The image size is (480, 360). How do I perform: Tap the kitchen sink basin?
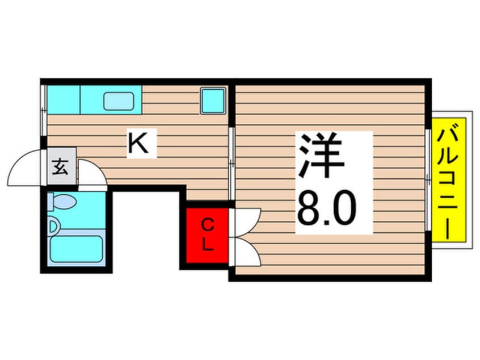point(119,101)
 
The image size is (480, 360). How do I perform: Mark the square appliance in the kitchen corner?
point(213,101)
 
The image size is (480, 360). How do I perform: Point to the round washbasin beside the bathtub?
point(53,227)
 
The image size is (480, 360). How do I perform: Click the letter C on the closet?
point(208,225)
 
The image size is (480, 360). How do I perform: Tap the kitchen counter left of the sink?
point(63,99)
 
